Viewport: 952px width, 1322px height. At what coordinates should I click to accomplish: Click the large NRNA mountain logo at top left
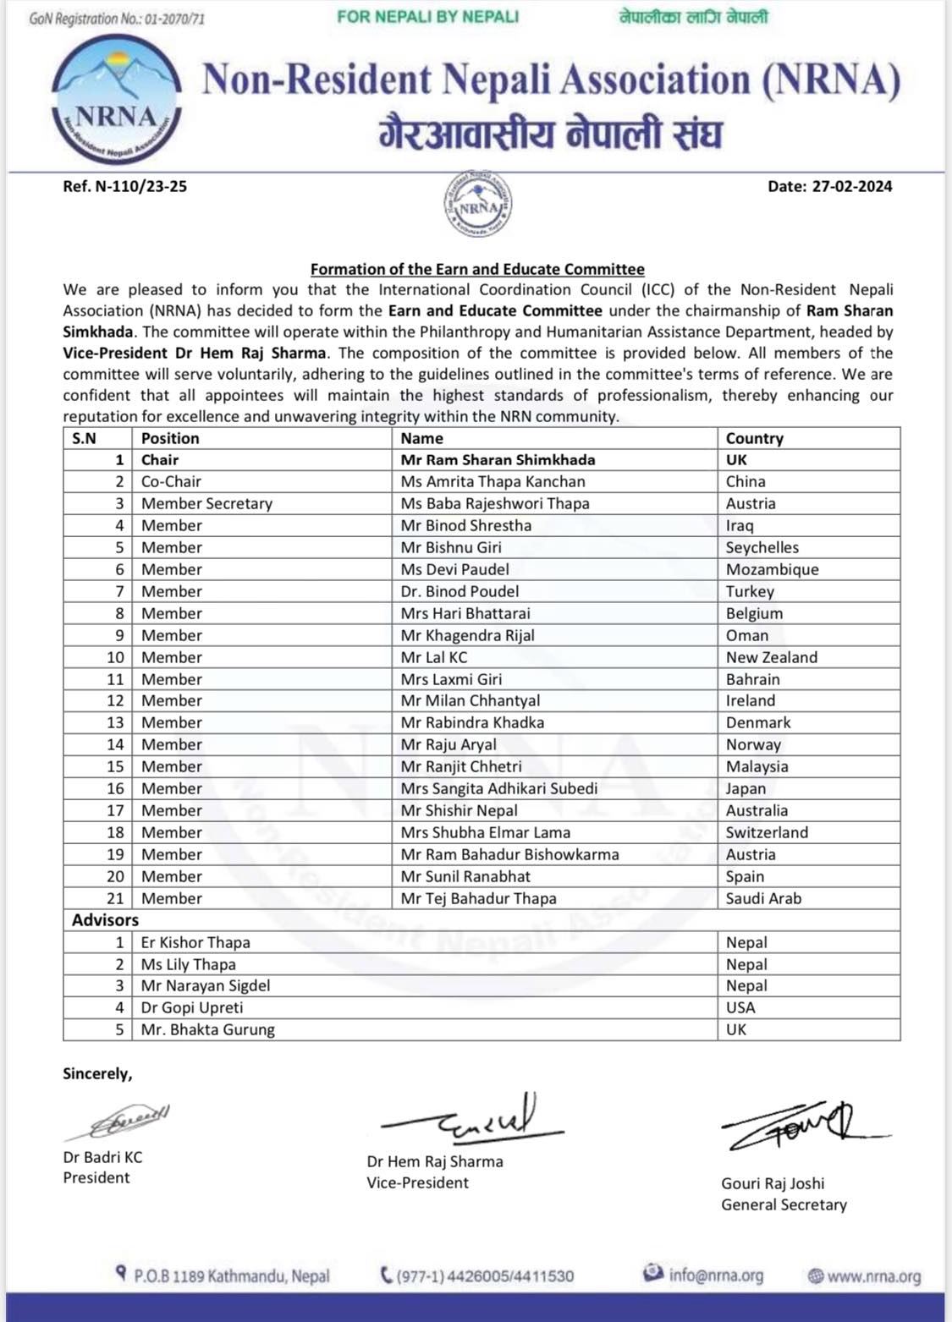tap(116, 100)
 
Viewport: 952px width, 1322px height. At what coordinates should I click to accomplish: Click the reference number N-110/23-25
tap(124, 186)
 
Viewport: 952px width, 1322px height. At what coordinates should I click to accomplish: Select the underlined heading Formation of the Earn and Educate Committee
tap(477, 269)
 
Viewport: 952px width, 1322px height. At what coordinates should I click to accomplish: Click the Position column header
tap(170, 438)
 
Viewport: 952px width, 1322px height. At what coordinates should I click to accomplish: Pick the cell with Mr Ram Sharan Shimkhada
tap(498, 460)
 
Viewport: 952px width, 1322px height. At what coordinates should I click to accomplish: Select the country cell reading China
tap(746, 481)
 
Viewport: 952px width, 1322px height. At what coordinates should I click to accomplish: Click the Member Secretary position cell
tap(206, 503)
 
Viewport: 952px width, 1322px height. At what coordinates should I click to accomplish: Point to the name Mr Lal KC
tap(434, 657)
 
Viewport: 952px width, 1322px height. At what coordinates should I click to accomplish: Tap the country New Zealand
tap(771, 657)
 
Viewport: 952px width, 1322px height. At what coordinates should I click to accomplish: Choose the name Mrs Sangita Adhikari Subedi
tap(499, 788)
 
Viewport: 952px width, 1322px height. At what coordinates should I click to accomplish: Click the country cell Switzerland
tap(767, 832)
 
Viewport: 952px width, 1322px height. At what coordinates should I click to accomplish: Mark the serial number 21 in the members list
tap(115, 898)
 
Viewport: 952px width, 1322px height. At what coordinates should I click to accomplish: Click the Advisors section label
tap(105, 920)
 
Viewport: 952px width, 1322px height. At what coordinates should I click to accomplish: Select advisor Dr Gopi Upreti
tap(192, 1007)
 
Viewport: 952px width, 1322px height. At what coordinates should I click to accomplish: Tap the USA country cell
tap(740, 1007)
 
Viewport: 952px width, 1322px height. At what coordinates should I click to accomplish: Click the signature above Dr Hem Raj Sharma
tap(474, 1119)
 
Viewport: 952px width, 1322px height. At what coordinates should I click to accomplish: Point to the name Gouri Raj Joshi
tap(773, 1183)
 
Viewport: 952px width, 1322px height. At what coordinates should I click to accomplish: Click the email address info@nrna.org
tap(715, 1275)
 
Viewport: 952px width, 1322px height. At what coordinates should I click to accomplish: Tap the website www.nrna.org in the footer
tap(873, 1275)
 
